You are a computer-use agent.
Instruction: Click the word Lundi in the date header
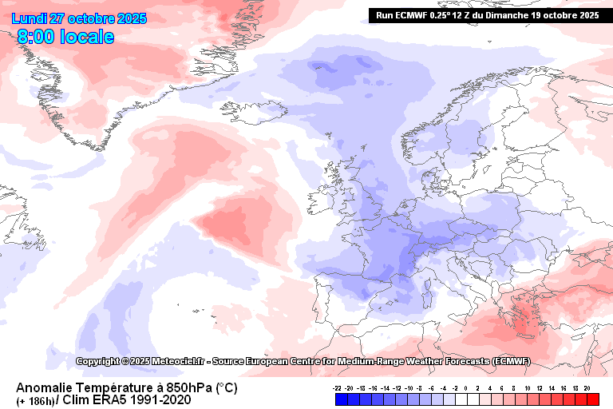point(30,18)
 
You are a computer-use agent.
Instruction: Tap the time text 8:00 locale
point(65,37)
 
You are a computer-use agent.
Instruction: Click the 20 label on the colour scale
point(587,387)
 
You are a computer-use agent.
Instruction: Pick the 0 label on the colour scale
point(466,387)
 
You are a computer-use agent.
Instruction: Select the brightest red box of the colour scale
point(592,397)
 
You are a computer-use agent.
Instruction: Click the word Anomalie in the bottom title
point(47,387)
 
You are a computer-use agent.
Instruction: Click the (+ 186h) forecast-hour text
point(35,400)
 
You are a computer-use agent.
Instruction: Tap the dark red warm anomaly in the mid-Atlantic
point(231,224)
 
